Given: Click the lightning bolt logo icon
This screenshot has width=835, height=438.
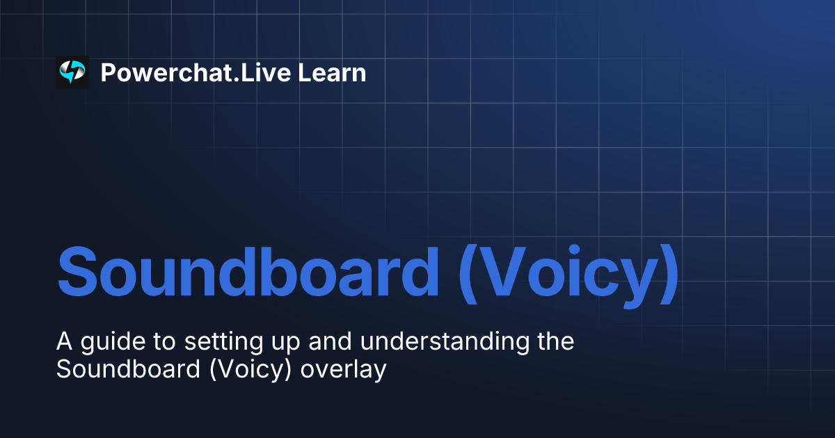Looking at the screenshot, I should [72, 72].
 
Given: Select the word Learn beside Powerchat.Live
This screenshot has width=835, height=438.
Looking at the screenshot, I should [332, 72].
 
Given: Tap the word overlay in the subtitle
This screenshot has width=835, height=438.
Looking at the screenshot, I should [343, 369].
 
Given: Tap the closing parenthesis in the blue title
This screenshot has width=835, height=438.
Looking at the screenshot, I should [669, 272].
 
